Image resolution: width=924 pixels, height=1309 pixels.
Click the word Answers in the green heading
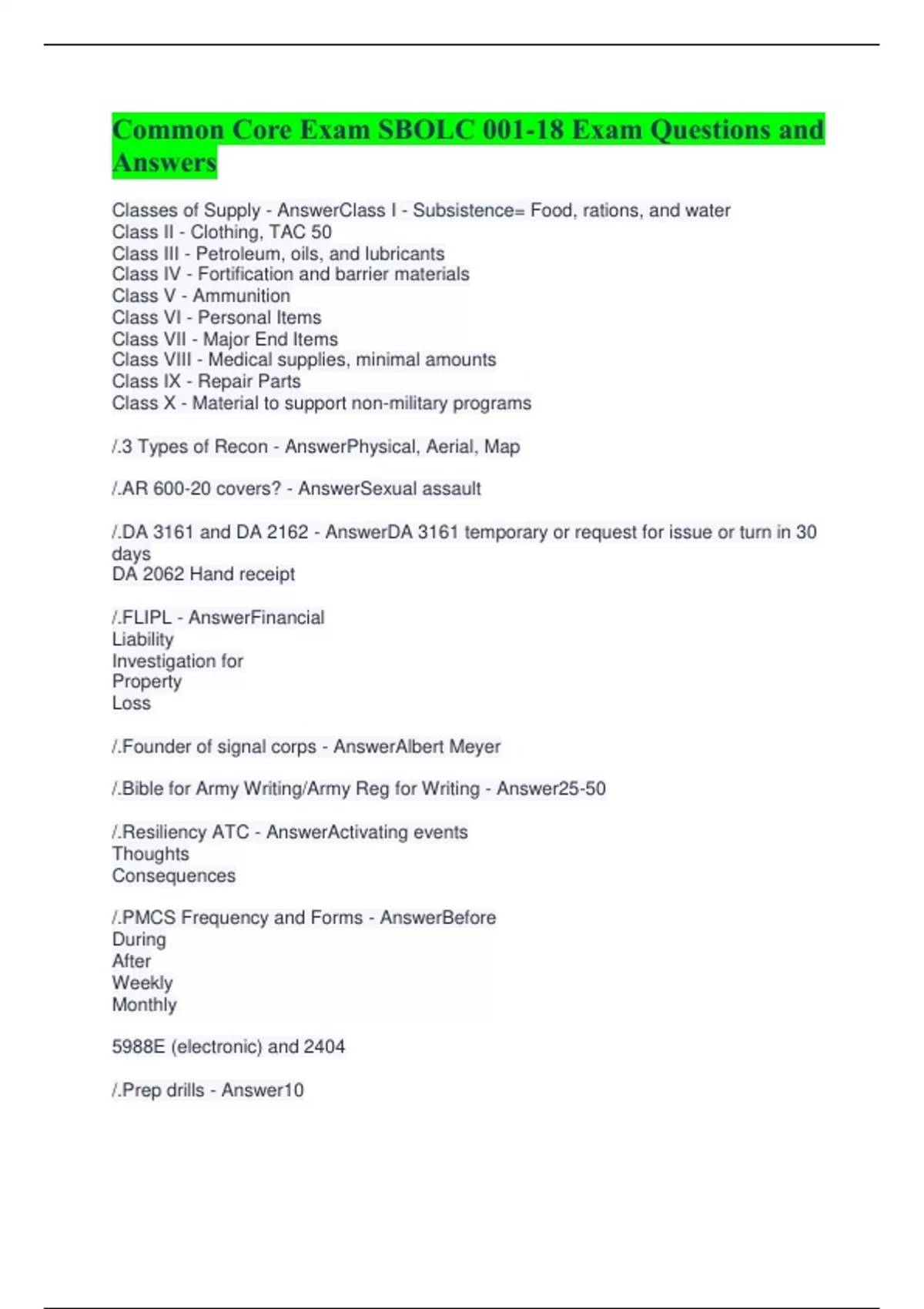click(164, 162)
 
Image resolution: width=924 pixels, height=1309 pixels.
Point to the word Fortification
click(246, 274)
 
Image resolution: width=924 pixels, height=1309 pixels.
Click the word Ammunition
click(241, 296)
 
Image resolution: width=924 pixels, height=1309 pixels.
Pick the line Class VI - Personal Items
click(216, 317)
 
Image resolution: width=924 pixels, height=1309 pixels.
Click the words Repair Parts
click(249, 381)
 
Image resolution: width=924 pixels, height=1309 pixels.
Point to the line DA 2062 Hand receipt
click(203, 574)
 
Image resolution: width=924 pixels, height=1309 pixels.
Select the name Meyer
click(475, 746)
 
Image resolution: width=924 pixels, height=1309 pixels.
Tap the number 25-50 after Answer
click(578, 788)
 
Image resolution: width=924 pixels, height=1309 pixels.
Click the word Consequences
click(173, 875)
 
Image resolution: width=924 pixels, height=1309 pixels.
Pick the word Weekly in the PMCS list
click(142, 983)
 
